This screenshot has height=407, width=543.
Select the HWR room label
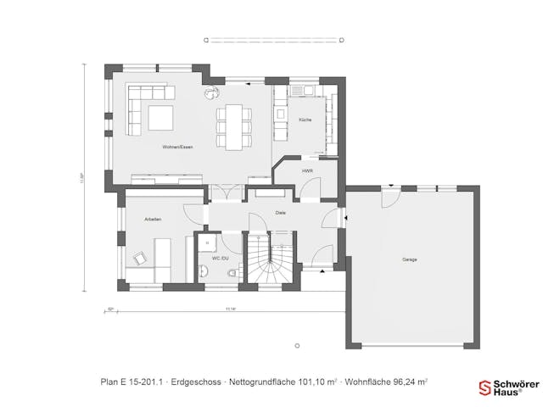point(307,170)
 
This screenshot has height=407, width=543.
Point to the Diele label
point(280,213)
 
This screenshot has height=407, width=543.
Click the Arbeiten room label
point(153,220)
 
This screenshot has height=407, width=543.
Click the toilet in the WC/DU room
point(232,274)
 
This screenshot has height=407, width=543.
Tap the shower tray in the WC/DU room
point(206,243)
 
